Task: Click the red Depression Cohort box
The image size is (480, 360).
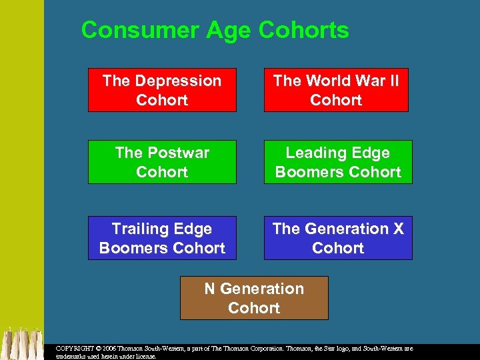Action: (x=162, y=90)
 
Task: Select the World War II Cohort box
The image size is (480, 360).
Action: (x=336, y=90)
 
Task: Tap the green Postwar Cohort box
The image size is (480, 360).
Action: (x=162, y=162)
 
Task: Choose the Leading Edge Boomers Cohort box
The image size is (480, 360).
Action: (x=338, y=162)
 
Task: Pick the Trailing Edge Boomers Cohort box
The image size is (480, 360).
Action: (x=162, y=238)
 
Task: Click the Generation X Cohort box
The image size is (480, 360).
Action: (x=338, y=238)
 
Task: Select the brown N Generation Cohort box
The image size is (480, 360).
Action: (x=254, y=298)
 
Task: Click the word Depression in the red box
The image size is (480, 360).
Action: (x=177, y=81)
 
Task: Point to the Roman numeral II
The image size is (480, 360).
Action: (x=393, y=81)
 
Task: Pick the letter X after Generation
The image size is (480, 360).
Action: (x=398, y=229)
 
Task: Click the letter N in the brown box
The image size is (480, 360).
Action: (x=209, y=289)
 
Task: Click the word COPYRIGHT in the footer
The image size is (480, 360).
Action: (x=75, y=349)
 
